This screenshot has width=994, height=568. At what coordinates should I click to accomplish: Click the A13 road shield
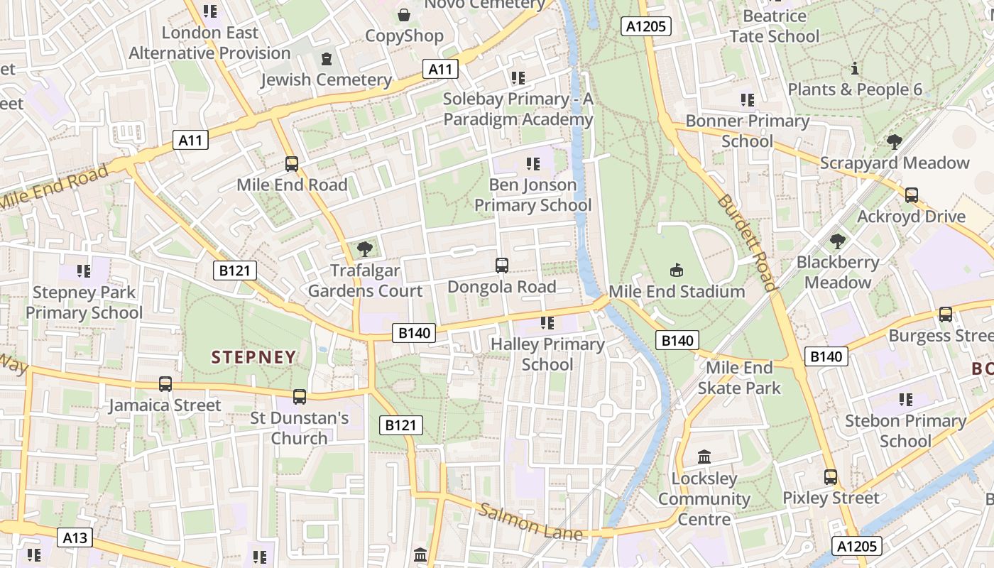point(75,537)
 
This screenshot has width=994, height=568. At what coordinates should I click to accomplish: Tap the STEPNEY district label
point(253,357)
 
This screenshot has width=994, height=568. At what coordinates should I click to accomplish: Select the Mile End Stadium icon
point(677,270)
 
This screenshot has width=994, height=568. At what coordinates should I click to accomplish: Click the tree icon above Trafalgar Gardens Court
point(365,248)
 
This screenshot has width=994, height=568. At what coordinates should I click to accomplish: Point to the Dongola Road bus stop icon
point(501,266)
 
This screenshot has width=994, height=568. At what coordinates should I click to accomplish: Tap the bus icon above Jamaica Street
point(165,384)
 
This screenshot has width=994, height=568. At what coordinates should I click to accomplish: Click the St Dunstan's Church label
point(300,427)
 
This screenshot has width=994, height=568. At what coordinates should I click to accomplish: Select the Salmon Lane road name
point(530,522)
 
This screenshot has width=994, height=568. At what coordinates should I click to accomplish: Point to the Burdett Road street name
point(747,242)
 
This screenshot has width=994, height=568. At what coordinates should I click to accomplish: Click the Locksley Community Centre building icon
point(704,457)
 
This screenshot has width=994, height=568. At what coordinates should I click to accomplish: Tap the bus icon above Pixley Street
point(831,477)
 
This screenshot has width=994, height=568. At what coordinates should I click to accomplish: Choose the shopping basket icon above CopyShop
point(404,14)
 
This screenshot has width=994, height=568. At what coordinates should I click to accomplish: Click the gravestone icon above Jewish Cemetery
point(326,58)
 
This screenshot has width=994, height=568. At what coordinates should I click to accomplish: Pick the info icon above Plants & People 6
point(855,69)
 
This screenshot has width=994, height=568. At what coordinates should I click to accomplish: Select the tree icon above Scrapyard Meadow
point(895,141)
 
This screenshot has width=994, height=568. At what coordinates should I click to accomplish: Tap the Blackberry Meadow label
point(838,272)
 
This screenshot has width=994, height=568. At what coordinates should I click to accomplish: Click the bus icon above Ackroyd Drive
point(912,195)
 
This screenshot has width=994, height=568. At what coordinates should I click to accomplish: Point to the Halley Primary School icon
point(547,323)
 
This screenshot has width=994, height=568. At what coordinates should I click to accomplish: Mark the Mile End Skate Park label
point(739,378)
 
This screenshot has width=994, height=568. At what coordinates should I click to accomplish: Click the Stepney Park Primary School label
point(84,302)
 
